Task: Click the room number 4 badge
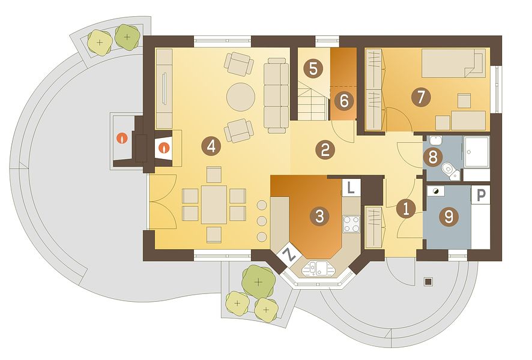click(211, 147)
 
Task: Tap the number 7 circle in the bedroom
click(421, 97)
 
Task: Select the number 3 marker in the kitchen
click(319, 216)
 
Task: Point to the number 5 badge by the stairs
click(313, 69)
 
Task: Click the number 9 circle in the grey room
click(449, 216)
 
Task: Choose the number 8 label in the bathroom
click(433, 157)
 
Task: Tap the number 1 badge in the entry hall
click(406, 208)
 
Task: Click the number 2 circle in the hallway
click(325, 149)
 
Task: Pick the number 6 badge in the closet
click(343, 101)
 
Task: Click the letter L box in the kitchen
click(351, 187)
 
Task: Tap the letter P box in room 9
click(481, 195)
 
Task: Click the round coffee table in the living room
click(241, 97)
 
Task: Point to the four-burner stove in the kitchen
click(351, 224)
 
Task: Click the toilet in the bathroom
click(450, 171)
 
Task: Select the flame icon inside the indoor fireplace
click(164, 148)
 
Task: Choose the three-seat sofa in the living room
click(276, 95)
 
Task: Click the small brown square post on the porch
click(429, 281)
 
